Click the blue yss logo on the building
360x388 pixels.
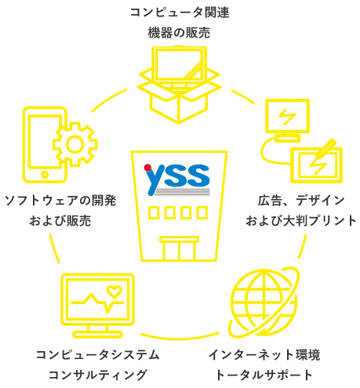(x=177, y=179)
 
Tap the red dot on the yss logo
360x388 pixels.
(x=147, y=168)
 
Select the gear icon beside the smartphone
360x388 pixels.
(x=75, y=144)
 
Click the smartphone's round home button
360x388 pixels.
(x=45, y=175)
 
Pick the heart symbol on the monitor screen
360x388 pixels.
(x=115, y=292)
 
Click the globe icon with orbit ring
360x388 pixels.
(x=264, y=302)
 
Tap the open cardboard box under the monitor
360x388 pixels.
(x=179, y=100)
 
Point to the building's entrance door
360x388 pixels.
(x=179, y=248)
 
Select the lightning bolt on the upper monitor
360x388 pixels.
(x=287, y=116)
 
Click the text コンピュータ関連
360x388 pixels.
(x=180, y=13)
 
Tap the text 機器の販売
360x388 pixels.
(x=179, y=33)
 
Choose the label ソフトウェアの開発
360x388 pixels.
(x=60, y=201)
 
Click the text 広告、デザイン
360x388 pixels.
(x=301, y=201)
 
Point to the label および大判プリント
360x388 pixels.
(x=301, y=221)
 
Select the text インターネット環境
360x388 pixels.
(x=264, y=354)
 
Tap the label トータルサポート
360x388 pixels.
(x=264, y=375)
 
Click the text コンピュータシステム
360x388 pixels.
(x=97, y=354)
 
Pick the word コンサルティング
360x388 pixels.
(x=97, y=375)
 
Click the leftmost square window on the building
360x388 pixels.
(x=154, y=212)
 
